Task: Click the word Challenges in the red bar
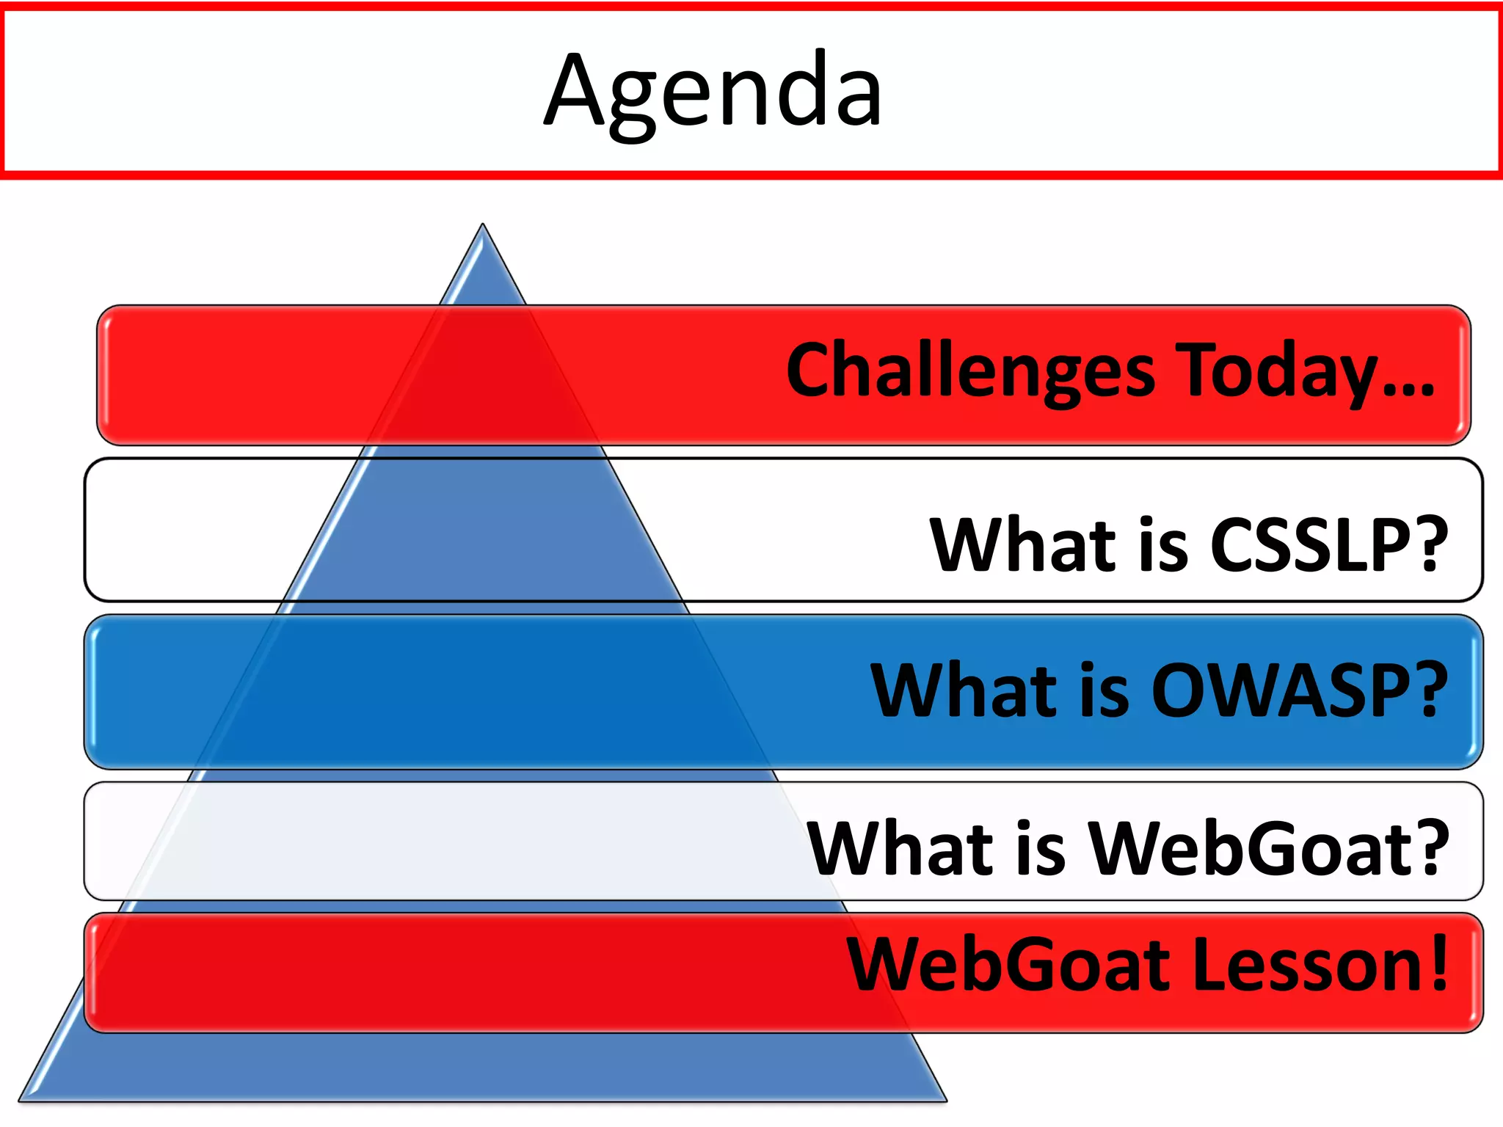[x=969, y=371]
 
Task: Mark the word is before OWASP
[x=1104, y=690]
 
